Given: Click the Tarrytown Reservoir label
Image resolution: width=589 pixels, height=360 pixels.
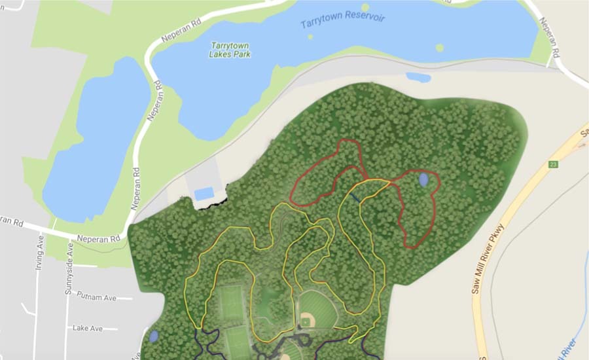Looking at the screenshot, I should click(x=342, y=19).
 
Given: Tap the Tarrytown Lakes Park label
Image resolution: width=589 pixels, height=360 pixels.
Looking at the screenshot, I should click(x=230, y=50).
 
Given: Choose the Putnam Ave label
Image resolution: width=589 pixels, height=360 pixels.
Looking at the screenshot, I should click(x=96, y=297).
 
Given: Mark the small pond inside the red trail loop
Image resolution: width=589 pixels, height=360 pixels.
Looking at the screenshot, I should click(x=424, y=179).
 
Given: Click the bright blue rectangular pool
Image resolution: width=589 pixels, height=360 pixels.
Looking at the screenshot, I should click(x=204, y=193).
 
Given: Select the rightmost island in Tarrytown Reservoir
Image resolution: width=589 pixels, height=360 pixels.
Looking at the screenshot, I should click(x=439, y=48).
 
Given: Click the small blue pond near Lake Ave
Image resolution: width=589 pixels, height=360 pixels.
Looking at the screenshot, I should click(x=153, y=336).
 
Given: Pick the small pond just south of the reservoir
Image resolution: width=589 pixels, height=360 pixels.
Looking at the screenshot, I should click(x=418, y=77).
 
